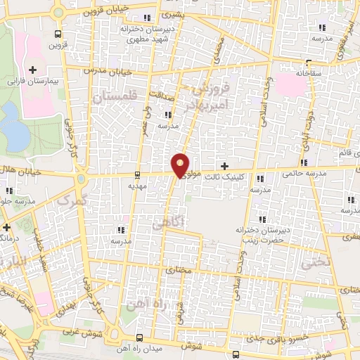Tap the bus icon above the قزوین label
pos(58,33)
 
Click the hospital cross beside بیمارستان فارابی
pos(33,70)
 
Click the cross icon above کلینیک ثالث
pos(224,167)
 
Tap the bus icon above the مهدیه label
pos(137,175)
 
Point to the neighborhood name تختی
pos(310,263)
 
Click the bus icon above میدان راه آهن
pos(140,338)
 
